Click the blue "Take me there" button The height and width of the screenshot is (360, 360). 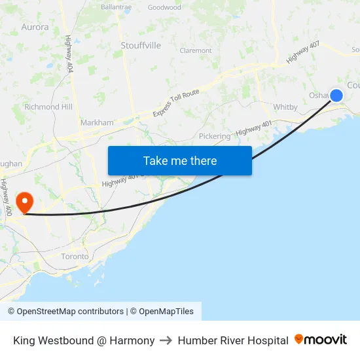coord(180,160)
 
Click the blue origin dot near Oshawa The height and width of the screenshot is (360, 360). coord(336,96)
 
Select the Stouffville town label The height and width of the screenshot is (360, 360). coord(141,45)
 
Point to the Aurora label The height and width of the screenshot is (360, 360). coord(35,27)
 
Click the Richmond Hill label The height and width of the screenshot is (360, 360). coord(48,107)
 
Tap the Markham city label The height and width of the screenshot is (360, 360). coord(97,122)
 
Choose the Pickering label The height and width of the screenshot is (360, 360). coord(215,136)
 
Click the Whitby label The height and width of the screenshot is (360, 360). coord(285,107)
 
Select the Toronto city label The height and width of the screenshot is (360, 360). coord(75,256)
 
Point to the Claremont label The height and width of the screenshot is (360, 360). coord(196,50)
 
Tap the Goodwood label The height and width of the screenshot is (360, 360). coord(164,8)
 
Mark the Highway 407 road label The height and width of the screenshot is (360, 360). coord(302,52)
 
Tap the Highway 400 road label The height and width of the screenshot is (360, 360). coord(7,197)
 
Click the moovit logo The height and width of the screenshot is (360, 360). coord(320,340)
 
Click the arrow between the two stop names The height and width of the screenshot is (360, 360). coord(166,340)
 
